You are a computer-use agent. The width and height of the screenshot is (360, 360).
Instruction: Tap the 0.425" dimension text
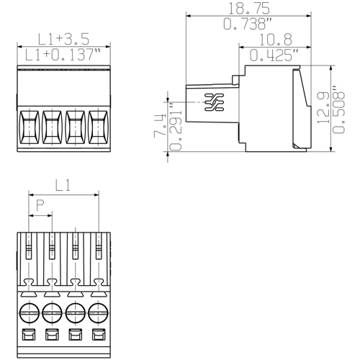pyautogui.click(x=274, y=55)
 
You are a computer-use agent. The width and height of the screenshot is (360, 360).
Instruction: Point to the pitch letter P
pyautogui.click(x=40, y=206)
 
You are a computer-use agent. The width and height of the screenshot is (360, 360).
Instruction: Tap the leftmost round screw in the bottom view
pyautogui.click(x=29, y=313)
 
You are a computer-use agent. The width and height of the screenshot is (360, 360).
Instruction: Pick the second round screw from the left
pyautogui.click(x=52, y=313)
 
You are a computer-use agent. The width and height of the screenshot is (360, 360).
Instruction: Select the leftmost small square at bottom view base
pyautogui.click(x=29, y=335)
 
